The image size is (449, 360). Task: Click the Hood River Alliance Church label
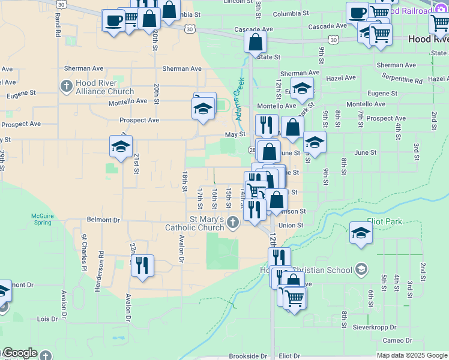pos(104,88)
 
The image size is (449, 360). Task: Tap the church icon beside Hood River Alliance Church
pos(67,85)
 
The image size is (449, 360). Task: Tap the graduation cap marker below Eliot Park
pos(360,233)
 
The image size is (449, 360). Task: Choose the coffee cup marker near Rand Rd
pos(113,21)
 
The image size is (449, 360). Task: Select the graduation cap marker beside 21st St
pos(121,147)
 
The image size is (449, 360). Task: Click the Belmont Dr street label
pos(103,220)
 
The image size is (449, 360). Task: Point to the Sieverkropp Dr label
pos(376,328)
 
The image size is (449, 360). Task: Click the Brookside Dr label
pos(247,356)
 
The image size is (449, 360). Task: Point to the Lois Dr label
pos(47,319)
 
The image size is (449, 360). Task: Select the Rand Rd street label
pos(58,28)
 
